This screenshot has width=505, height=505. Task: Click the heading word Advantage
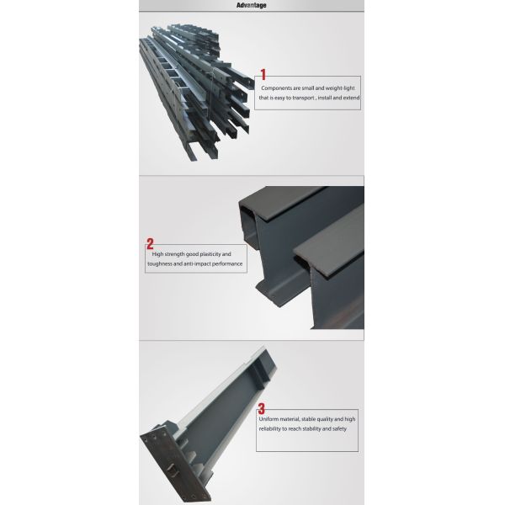pyautogui.click(x=252, y=5)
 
